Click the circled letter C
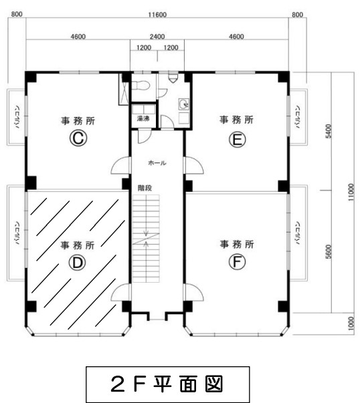point(78,138)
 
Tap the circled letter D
point(77,263)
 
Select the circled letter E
point(238,140)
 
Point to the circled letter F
point(237,261)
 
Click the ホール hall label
point(157,162)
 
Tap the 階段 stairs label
point(145,188)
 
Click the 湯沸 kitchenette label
point(143,118)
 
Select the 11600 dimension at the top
point(157,15)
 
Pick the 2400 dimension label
point(157,37)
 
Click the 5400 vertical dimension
point(329,132)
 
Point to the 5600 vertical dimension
point(329,252)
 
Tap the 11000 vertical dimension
point(351,192)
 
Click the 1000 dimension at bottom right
point(351,323)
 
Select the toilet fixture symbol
point(141,85)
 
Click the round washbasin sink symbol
point(184,104)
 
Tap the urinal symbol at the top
point(173,78)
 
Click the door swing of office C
point(120,165)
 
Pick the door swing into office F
point(194,292)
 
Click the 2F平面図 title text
point(167,384)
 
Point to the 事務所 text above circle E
point(236,120)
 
